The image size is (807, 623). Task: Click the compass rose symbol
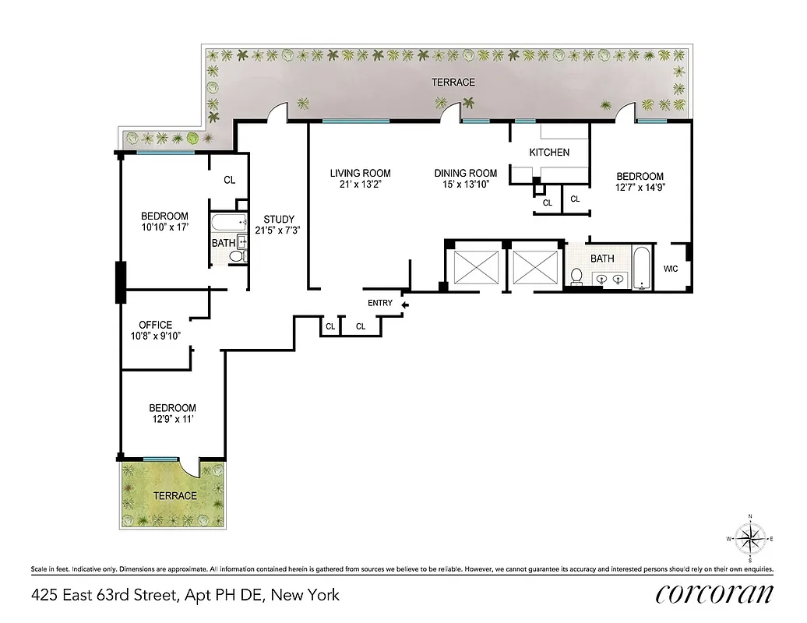click(749, 538)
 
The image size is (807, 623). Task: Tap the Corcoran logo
click(714, 594)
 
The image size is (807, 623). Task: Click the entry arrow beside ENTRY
click(403, 304)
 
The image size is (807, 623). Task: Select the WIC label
click(671, 269)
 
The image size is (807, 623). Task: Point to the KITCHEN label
click(549, 153)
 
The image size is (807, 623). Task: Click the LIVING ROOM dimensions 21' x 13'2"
click(360, 185)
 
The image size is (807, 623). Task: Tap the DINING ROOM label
click(465, 174)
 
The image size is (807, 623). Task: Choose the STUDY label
click(278, 219)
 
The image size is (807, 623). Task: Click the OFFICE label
click(155, 325)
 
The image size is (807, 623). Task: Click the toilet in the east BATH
click(577, 276)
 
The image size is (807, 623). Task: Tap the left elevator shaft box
click(474, 266)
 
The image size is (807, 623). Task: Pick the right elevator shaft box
click(535, 266)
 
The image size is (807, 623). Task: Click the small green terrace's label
click(174, 495)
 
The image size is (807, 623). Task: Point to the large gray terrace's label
click(455, 82)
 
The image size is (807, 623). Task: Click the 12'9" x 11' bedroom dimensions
click(172, 419)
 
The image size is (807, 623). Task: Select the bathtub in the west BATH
click(224, 223)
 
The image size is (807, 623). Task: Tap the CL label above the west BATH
click(229, 180)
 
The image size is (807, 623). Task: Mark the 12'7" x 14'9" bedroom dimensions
click(640, 187)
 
